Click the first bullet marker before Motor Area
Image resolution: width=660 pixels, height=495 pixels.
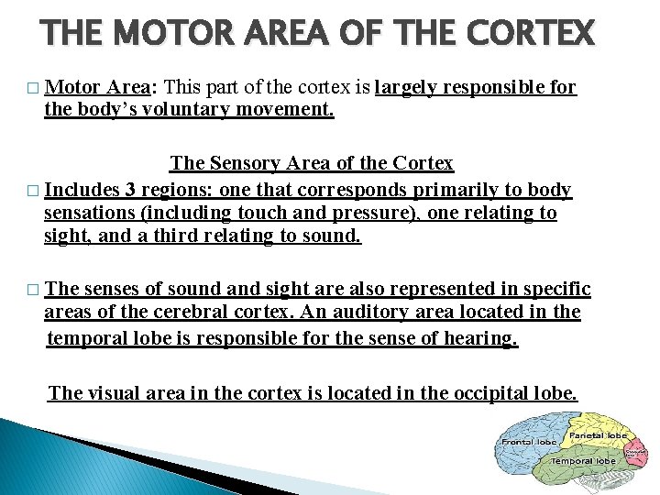point(34,89)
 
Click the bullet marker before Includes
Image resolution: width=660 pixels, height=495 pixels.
point(34,192)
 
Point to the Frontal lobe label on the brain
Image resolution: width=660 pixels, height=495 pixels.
point(530,442)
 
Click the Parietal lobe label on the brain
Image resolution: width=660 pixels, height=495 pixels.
point(598,434)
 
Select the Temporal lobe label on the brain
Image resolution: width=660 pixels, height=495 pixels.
point(582,460)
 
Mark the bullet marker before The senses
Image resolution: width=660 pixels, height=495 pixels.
point(34,291)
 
